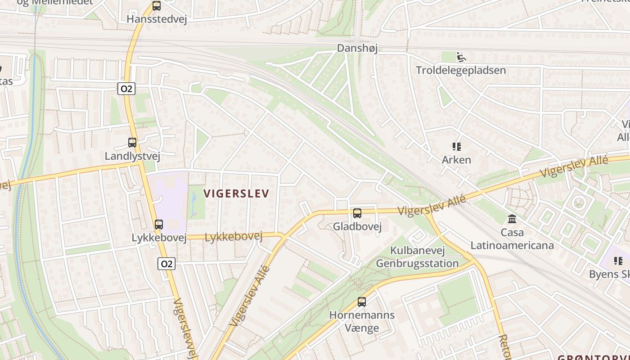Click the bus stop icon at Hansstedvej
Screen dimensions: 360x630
pos(156,6)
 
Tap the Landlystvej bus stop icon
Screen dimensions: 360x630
pos(132,143)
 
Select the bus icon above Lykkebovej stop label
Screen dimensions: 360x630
pos(158,225)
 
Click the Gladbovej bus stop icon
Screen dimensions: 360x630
pos(357,213)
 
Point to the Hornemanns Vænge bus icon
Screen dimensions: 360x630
pos(361,302)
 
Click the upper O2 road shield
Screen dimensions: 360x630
pos(126,89)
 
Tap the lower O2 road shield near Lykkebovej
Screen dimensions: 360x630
pos(166,264)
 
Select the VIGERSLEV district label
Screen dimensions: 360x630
pos(236,194)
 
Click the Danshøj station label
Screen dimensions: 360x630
pos(357,48)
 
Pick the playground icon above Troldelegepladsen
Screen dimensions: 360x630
pos(460,57)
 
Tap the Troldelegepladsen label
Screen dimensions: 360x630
pos(460,70)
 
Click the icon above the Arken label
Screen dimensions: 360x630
pos(456,147)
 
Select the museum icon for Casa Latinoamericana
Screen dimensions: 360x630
pos(512,219)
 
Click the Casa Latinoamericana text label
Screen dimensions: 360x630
pos(512,239)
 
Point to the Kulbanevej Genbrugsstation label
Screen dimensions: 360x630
pos(417,257)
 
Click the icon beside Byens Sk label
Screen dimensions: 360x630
pos(618,261)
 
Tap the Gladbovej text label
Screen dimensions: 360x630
pos(357,227)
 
